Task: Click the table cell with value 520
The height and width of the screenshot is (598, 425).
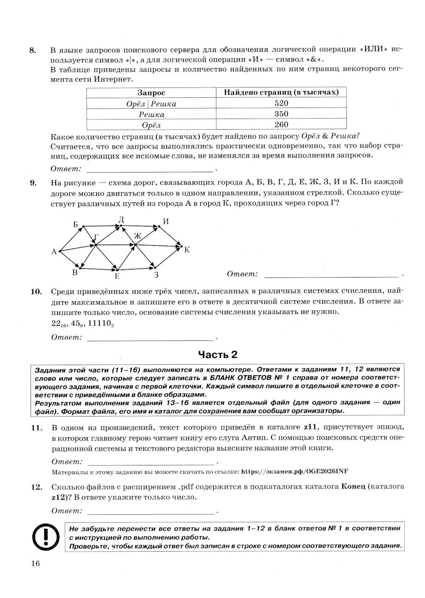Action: [281, 103]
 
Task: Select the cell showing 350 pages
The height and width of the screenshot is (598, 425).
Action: [281, 114]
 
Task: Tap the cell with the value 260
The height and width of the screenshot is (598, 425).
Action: [281, 125]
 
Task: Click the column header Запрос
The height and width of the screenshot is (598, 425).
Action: [151, 93]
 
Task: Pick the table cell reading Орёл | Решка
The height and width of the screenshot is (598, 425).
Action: [151, 104]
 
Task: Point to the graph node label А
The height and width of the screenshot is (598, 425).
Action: [54, 252]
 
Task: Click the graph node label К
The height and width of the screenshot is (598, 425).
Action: [187, 249]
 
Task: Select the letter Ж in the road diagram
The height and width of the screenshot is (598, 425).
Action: [137, 236]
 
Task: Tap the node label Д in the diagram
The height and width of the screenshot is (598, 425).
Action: [121, 219]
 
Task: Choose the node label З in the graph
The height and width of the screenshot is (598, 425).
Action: [156, 275]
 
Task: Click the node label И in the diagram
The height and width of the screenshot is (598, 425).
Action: [166, 221]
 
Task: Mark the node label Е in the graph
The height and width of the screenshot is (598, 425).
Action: [117, 276]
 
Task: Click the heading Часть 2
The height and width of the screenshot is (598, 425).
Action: [218, 354]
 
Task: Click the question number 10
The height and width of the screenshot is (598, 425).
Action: [36, 292]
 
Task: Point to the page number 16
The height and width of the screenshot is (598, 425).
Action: [35, 564]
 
